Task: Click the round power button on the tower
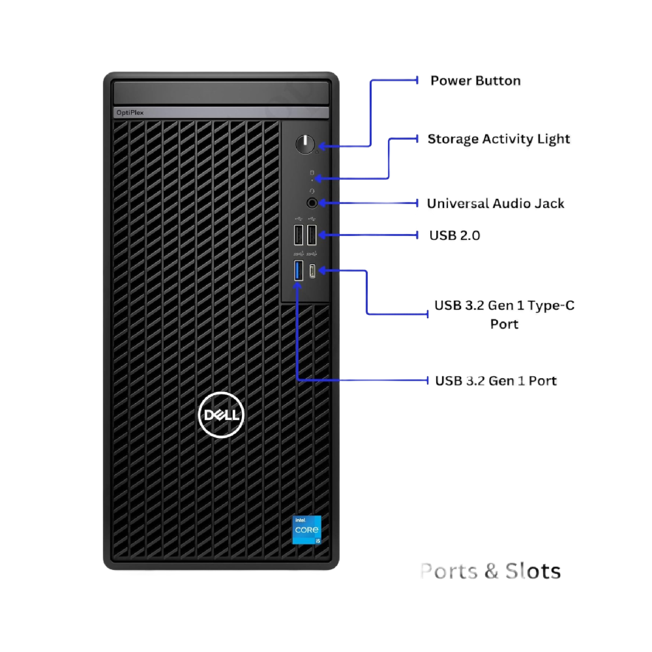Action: tap(304, 145)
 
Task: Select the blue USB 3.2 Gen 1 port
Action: tap(299, 270)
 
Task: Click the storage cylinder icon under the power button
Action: tap(311, 172)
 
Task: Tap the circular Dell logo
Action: tap(221, 414)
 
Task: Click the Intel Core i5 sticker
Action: tap(306, 531)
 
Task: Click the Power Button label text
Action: tap(475, 81)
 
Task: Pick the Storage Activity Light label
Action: tap(498, 139)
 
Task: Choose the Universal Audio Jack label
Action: tap(496, 203)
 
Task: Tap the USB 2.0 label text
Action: tap(454, 235)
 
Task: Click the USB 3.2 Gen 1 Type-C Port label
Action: tap(504, 314)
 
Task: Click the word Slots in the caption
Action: tap(532, 571)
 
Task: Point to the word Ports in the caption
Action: tap(449, 571)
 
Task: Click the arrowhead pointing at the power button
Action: tap(321, 146)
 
